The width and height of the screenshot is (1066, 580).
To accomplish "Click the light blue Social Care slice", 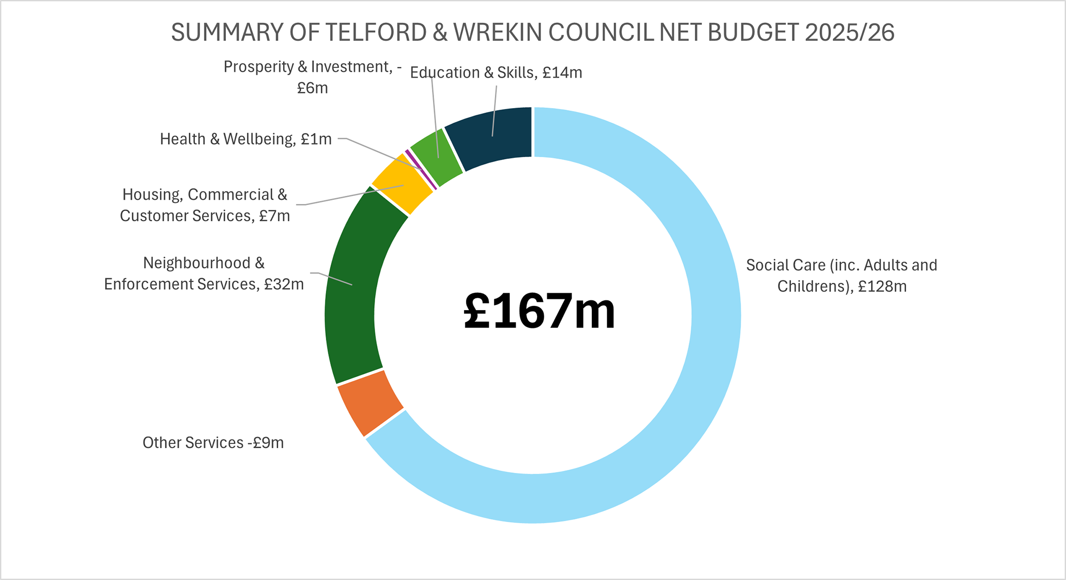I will (711, 355).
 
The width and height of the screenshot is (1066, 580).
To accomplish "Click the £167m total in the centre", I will (539, 311).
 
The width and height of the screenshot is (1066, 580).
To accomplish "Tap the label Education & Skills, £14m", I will (495, 73).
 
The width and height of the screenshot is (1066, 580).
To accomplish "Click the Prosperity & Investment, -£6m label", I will (312, 77).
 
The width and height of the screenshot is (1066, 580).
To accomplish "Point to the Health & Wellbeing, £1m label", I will (246, 139).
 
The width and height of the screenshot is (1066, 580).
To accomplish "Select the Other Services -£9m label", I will (213, 442).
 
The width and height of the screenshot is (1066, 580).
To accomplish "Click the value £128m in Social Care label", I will (882, 287).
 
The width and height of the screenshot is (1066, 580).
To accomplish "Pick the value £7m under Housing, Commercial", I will (275, 216).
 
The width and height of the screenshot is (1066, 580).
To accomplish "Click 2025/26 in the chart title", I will (849, 32).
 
